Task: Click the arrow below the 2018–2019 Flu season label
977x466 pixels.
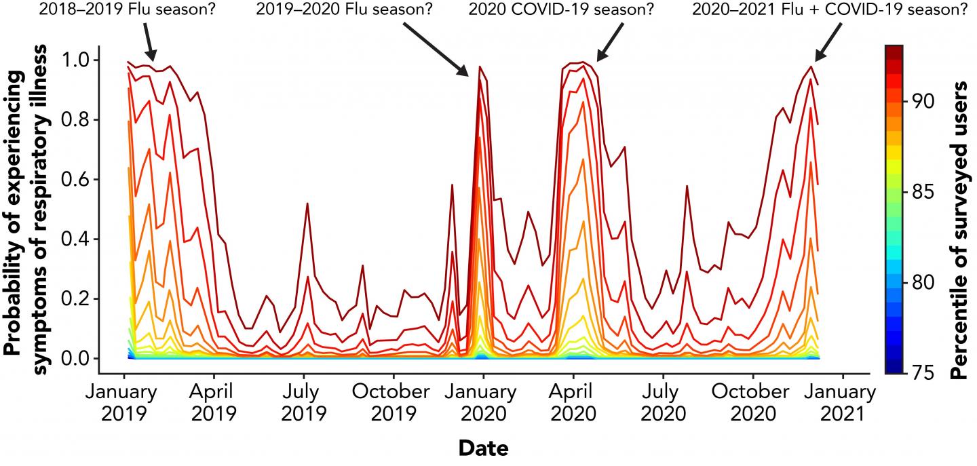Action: click(150, 45)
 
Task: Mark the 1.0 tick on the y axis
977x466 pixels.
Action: click(74, 60)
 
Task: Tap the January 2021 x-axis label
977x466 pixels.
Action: click(843, 402)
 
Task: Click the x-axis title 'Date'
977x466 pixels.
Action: click(484, 448)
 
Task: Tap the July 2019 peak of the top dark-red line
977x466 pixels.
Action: click(307, 203)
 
